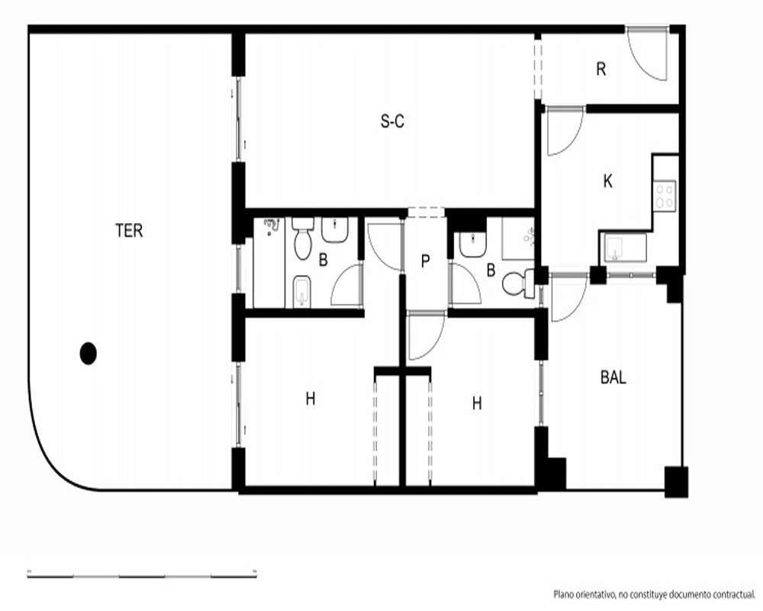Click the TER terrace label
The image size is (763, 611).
(x=129, y=231)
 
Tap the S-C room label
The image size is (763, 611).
(x=392, y=121)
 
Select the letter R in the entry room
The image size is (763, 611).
(x=601, y=70)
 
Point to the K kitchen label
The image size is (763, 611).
(x=608, y=182)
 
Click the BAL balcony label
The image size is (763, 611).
(x=613, y=377)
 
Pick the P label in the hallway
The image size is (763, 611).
(x=425, y=262)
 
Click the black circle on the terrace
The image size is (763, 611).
(x=88, y=354)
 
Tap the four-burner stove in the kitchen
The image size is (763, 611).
(x=665, y=196)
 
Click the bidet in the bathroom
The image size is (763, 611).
(x=302, y=292)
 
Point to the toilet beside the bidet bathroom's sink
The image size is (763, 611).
(x=303, y=239)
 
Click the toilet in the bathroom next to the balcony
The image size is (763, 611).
(x=518, y=283)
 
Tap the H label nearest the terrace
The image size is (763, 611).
(x=311, y=399)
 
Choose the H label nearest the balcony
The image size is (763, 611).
(x=477, y=403)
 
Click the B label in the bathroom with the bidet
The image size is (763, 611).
(x=323, y=260)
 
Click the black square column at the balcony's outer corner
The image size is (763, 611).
(x=676, y=482)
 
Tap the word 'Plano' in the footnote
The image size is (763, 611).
(x=564, y=595)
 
